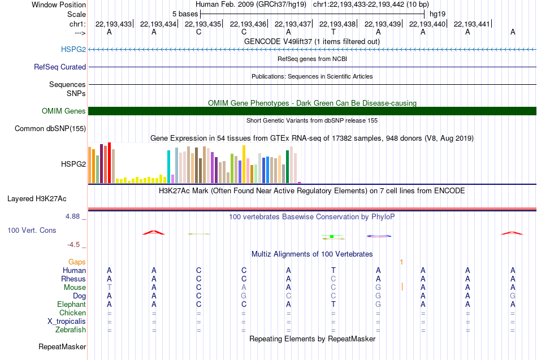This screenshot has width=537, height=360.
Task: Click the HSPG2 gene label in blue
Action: (x=73, y=49)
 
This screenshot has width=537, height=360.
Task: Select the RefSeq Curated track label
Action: (x=60, y=67)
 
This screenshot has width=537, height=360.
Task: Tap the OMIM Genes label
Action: (x=64, y=111)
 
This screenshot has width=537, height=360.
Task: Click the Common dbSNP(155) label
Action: (x=50, y=128)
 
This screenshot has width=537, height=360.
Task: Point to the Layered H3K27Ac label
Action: (x=37, y=199)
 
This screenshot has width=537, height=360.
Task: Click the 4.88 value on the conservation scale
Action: (x=72, y=216)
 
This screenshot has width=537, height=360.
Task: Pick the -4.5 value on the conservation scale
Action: (x=73, y=245)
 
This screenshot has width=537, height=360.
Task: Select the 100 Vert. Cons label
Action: (x=32, y=230)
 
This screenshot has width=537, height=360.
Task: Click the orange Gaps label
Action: (x=77, y=262)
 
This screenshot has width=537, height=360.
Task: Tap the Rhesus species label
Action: (x=73, y=279)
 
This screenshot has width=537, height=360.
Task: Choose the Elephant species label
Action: (x=72, y=304)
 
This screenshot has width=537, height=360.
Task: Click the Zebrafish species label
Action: (x=71, y=329)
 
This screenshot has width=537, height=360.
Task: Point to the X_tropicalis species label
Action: (x=67, y=322)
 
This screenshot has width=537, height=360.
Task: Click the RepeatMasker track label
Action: (x=62, y=346)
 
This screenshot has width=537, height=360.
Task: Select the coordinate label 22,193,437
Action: (x=293, y=24)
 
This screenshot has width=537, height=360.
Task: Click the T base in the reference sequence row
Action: (x=334, y=32)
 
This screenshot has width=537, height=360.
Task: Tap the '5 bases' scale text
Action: (x=185, y=14)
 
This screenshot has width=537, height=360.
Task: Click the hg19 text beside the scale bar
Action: (x=438, y=14)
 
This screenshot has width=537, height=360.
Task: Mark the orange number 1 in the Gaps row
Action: (x=401, y=262)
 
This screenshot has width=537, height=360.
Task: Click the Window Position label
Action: (x=59, y=5)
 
